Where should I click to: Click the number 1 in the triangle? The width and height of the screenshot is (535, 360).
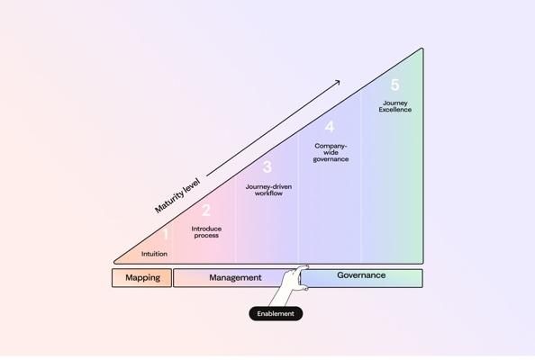coord(166,235)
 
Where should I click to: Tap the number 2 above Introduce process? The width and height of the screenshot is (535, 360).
coord(206,211)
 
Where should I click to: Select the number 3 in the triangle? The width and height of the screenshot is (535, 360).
coord(267,166)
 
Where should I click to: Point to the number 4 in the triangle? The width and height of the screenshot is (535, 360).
coord(330,127)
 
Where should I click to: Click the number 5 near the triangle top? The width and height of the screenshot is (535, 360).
coord(395,85)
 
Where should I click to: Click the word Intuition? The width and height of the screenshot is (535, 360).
coord(154,254)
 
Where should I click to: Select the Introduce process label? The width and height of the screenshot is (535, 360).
coord(206,232)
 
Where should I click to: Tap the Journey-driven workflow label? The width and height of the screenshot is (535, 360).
coord(269,190)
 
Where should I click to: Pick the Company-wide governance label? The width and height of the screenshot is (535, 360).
coord(331,152)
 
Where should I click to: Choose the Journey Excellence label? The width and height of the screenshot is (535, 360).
coord(395,106)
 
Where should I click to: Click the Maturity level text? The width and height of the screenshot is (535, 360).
coord(177,195)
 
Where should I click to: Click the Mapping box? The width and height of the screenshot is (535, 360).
coord(142,278)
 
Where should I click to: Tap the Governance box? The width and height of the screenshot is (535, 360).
coord(361,278)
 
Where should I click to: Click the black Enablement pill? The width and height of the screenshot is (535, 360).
coord(276,313)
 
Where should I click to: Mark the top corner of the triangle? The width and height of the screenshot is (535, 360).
coord(422,49)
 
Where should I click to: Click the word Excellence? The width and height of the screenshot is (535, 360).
coord(395,110)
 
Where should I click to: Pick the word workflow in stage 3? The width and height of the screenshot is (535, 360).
coord(269,193)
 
